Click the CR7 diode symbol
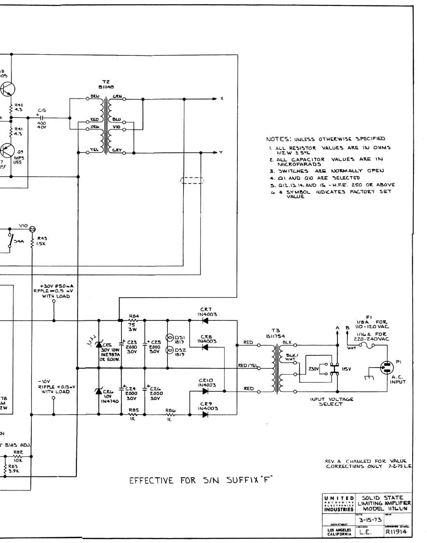(x=205, y=320)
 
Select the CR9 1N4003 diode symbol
(x=205, y=414)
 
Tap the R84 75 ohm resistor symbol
(x=134, y=320)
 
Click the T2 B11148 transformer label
(x=106, y=84)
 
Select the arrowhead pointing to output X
(x=214, y=99)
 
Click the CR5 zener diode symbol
(x=99, y=344)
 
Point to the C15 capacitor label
(x=42, y=110)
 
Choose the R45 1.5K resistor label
(x=41, y=241)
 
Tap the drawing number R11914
(x=396, y=532)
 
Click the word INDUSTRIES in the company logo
(x=339, y=509)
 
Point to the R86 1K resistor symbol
(x=170, y=415)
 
